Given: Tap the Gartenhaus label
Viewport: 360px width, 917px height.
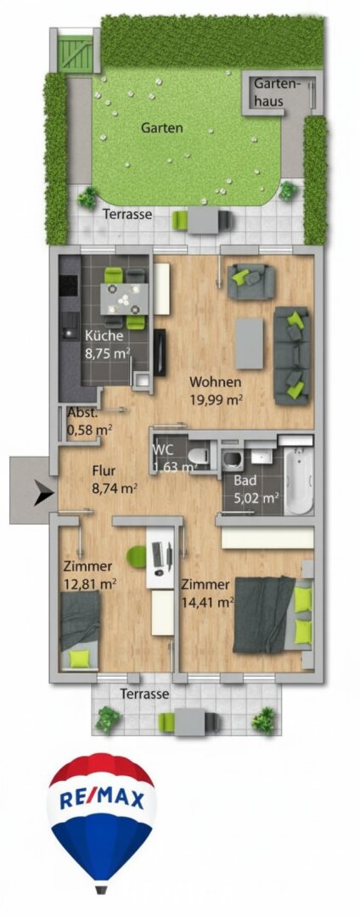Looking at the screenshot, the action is pyautogui.click(x=277, y=93).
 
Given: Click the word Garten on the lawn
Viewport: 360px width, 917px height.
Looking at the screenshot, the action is pyautogui.click(x=162, y=128).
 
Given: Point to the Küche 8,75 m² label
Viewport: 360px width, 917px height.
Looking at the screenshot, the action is pyautogui.click(x=108, y=344).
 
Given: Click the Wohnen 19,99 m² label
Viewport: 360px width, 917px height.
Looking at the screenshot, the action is pyautogui.click(x=216, y=391).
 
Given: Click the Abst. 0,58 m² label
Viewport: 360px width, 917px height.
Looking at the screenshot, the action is pyautogui.click(x=89, y=421).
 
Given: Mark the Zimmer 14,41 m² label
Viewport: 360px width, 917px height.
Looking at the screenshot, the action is pyautogui.click(x=207, y=592).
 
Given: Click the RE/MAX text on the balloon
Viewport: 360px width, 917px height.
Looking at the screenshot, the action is pyautogui.click(x=102, y=799).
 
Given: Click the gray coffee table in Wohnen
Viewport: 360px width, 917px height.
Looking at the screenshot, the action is pyautogui.click(x=249, y=343).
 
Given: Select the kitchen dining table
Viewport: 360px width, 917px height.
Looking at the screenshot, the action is pyautogui.click(x=124, y=299).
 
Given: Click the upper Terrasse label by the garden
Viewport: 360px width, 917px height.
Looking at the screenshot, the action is pyautogui.click(x=127, y=215).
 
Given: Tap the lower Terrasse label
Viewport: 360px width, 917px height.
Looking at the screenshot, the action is pyautogui.click(x=144, y=695).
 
